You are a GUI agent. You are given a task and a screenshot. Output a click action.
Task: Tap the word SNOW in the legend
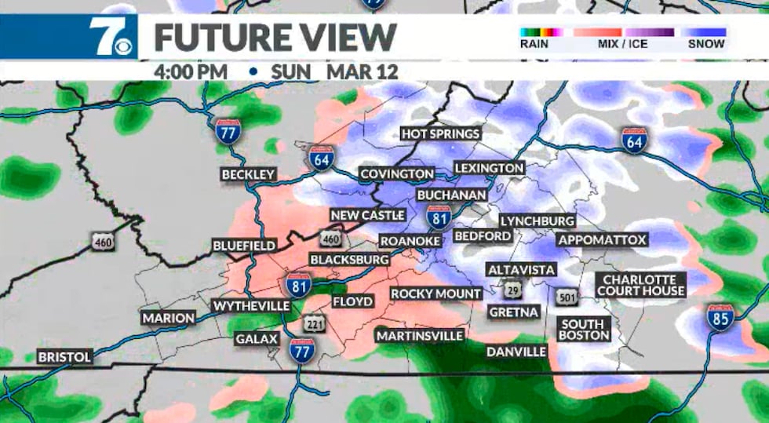(x=706, y=44)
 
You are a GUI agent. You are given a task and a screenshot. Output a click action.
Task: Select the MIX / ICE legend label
(x=623, y=44)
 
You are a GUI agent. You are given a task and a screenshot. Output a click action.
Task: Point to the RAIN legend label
(x=534, y=44)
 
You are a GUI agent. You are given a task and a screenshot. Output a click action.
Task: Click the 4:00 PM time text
(x=191, y=71)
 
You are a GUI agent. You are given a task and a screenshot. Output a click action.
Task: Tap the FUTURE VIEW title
(x=275, y=37)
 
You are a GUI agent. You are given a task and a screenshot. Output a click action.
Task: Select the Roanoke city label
(x=407, y=242)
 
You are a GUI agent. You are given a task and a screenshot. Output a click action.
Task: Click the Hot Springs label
(x=440, y=133)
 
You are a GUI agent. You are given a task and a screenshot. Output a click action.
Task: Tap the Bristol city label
(x=64, y=356)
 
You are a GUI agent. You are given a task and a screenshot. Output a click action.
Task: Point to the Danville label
(x=516, y=351)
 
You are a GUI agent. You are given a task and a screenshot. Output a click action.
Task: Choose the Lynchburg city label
(x=537, y=221)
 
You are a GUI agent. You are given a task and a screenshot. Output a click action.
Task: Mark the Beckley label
(x=248, y=174)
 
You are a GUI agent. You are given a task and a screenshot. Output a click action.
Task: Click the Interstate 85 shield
(x=720, y=317)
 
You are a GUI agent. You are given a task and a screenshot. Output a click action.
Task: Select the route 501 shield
(x=567, y=297)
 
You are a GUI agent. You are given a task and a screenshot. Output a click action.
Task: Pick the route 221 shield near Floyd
(x=314, y=322)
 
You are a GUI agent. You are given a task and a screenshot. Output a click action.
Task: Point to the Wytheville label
(x=251, y=305)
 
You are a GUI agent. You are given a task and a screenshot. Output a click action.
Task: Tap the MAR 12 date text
(x=363, y=71)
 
